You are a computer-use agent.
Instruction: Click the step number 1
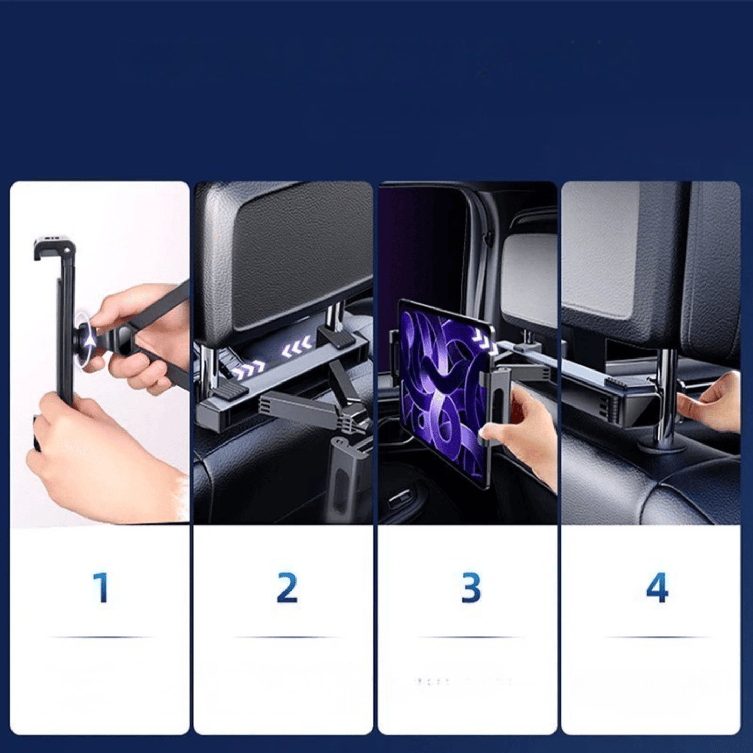(x=101, y=588)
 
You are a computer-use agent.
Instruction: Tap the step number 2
(x=287, y=588)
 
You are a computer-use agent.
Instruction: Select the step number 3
(x=471, y=588)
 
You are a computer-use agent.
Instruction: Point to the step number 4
(x=657, y=588)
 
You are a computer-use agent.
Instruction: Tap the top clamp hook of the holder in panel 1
(x=54, y=247)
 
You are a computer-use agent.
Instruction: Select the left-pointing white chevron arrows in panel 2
(x=298, y=347)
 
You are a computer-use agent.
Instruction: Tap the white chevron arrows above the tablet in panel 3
(x=484, y=342)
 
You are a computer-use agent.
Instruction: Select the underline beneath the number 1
(x=101, y=637)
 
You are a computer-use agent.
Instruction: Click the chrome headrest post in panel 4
(x=667, y=396)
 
